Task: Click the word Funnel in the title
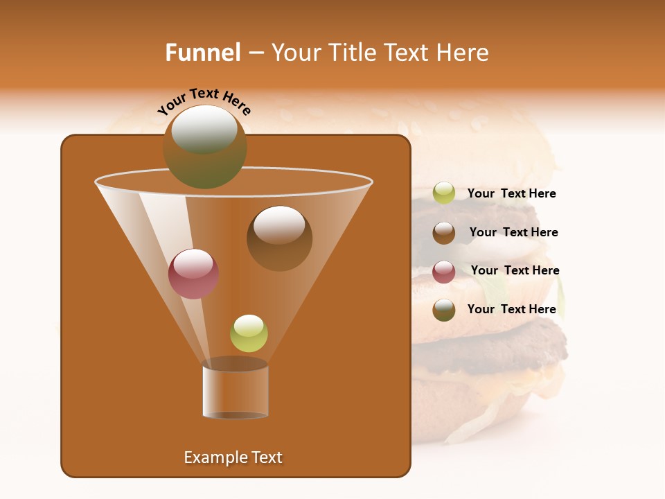pyautogui.click(x=202, y=53)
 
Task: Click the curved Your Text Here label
pyautogui.click(x=204, y=100)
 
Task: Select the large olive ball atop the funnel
pyautogui.click(x=205, y=146)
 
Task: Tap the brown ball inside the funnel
pyautogui.click(x=279, y=238)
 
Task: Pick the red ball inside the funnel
pyautogui.click(x=193, y=274)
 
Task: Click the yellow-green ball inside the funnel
pyautogui.click(x=249, y=333)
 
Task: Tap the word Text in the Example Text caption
pyautogui.click(x=266, y=457)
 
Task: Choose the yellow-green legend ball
pyautogui.click(x=444, y=193)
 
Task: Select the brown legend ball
pyautogui.click(x=444, y=233)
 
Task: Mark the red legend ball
pyautogui.click(x=444, y=272)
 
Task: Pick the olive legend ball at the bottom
pyautogui.click(x=444, y=310)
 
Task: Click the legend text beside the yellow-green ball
pyautogui.click(x=511, y=194)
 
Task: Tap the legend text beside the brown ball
pyautogui.click(x=513, y=233)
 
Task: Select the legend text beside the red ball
pyautogui.click(x=515, y=271)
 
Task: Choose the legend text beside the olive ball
pyautogui.click(x=511, y=309)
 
